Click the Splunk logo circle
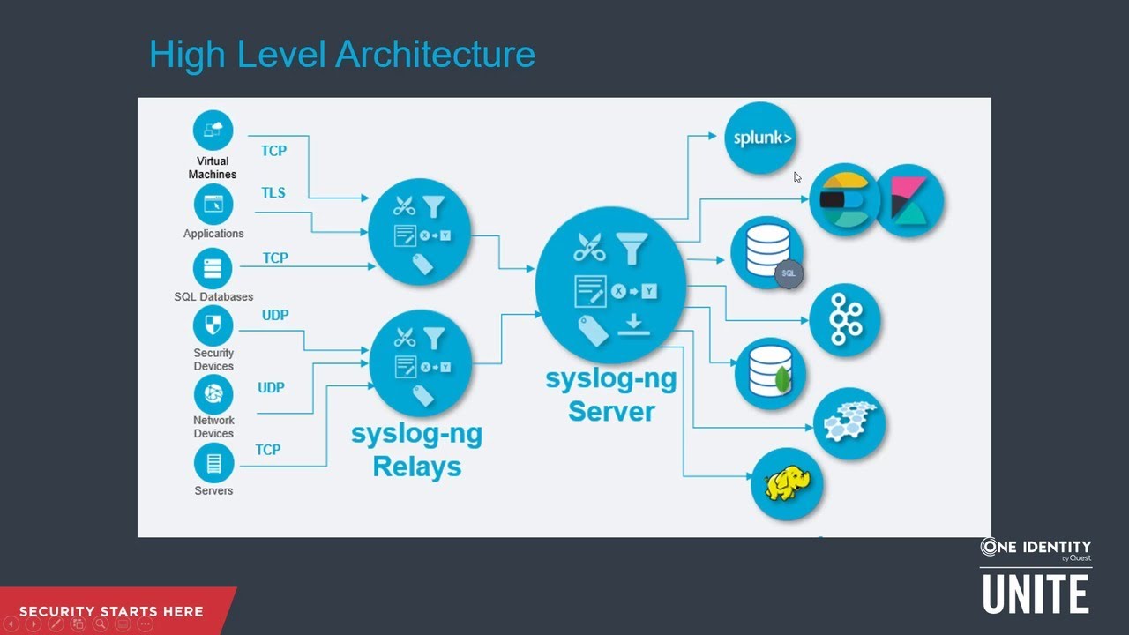tap(760, 138)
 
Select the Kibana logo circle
tap(908, 200)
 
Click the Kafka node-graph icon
tap(844, 318)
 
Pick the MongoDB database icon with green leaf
tap(770, 373)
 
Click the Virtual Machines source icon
tap(213, 131)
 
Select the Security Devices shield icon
tap(213, 325)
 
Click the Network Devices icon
tap(213, 393)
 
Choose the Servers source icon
tap(213, 463)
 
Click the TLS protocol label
tap(273, 192)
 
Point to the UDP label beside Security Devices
tap(275, 315)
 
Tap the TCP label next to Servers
tap(268, 450)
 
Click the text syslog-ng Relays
tap(416, 450)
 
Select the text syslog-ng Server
tap(611, 395)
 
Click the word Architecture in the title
tap(436, 55)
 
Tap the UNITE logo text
tap(1036, 593)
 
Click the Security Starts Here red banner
tap(111, 611)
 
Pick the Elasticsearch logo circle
tap(843, 200)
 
